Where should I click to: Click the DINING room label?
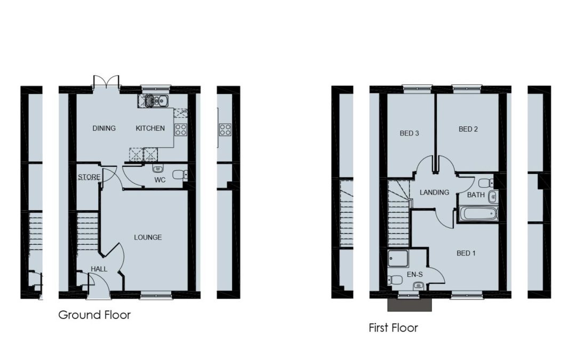(x=104, y=128)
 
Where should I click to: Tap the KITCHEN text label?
(x=150, y=128)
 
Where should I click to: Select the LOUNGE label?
(x=148, y=237)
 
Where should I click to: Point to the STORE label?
(x=89, y=177)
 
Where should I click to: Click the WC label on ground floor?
(x=160, y=180)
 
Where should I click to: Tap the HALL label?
(x=99, y=269)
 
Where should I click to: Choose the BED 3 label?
(x=409, y=133)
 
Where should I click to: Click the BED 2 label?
(x=468, y=129)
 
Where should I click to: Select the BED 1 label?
(x=466, y=253)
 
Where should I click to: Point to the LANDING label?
(x=434, y=192)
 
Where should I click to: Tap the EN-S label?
(x=415, y=275)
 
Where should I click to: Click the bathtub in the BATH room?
(x=477, y=214)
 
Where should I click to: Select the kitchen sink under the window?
(x=153, y=101)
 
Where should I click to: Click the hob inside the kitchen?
(x=181, y=130)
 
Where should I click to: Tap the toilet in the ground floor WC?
(x=180, y=175)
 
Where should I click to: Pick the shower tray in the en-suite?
(x=398, y=259)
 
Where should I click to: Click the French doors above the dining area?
(x=106, y=82)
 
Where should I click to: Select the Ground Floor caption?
(x=94, y=315)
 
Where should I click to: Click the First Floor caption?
(x=394, y=327)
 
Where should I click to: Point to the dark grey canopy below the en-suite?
(x=410, y=304)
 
